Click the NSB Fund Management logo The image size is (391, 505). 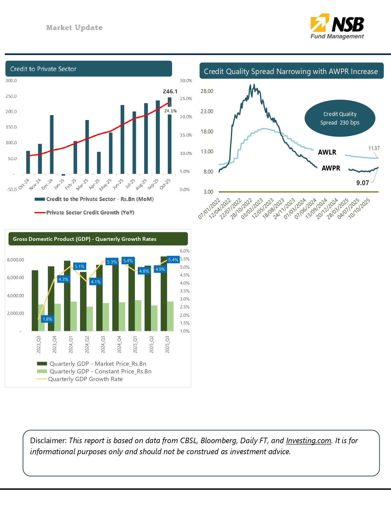(x=337, y=27)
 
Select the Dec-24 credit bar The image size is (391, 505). (x=52, y=144)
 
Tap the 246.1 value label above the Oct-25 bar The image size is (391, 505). (x=170, y=92)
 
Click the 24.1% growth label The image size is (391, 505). (x=171, y=111)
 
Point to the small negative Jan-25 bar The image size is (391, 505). (x=63, y=175)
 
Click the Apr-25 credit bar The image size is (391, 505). (x=99, y=163)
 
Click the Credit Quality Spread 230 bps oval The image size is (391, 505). (x=340, y=118)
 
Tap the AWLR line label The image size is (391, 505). (x=327, y=152)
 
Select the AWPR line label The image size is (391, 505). (x=331, y=168)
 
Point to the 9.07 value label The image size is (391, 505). (x=362, y=183)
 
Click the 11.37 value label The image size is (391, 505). (x=374, y=148)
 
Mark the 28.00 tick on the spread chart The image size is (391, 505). (x=207, y=91)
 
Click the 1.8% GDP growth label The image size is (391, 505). (x=48, y=319)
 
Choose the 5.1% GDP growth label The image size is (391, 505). (x=80, y=266)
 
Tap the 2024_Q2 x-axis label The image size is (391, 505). (x=87, y=344)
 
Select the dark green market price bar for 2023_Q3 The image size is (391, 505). (x=35, y=300)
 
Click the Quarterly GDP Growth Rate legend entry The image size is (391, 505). (x=85, y=379)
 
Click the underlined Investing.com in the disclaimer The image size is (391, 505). (x=309, y=440)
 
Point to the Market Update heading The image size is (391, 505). (x=74, y=28)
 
